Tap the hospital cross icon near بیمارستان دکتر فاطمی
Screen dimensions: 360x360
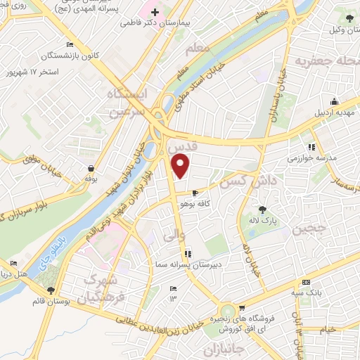pos(155,13)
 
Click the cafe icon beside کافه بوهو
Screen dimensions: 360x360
pos(195,192)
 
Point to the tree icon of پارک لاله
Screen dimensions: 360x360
pos(262,209)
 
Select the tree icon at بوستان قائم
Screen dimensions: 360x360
pos(51,290)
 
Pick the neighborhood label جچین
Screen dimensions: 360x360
pos(310,229)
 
